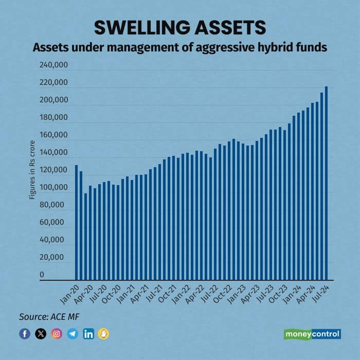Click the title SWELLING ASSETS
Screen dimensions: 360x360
pos(180,27)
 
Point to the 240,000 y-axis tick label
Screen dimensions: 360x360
pos(53,65)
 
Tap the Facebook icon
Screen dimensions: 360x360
pos(25,334)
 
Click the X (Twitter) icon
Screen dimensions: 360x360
pos(41,334)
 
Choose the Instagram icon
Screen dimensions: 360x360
pos(57,334)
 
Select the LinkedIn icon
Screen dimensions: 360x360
pos(88,334)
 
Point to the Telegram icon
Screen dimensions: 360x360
pos(73,334)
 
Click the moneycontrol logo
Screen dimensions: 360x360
pos(312,334)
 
